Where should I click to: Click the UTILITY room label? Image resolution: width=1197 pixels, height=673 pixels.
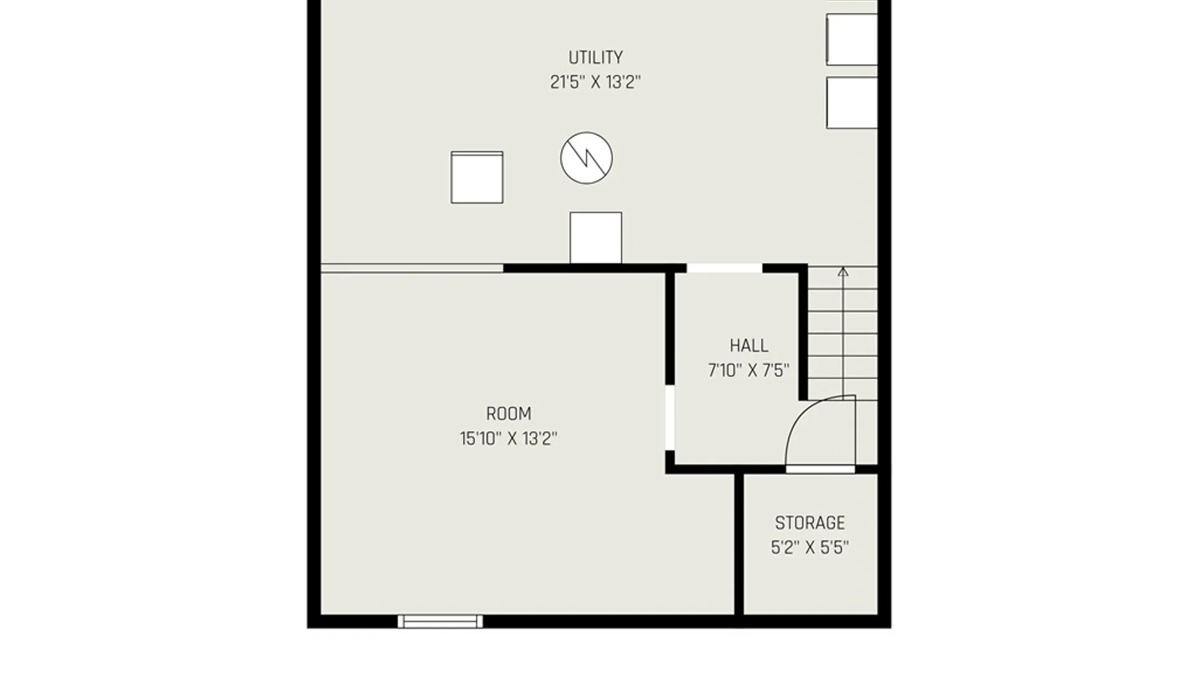tap(595, 57)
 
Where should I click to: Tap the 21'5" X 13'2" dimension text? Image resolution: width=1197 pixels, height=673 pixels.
tap(595, 82)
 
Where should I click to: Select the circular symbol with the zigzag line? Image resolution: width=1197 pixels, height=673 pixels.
tap(586, 158)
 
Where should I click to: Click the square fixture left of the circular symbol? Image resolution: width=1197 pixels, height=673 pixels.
tap(477, 177)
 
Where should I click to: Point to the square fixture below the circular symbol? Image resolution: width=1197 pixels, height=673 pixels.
tap(595, 237)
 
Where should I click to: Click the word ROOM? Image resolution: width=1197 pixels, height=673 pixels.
tap(509, 414)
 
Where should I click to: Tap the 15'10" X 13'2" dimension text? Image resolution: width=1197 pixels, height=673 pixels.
tap(509, 439)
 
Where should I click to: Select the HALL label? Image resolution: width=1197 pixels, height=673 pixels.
tap(749, 346)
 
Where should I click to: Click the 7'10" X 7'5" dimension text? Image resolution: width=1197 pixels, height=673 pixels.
tap(749, 371)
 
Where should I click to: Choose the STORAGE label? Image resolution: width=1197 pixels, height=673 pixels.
tap(810, 523)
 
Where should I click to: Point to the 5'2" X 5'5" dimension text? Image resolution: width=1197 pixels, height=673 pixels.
tap(810, 548)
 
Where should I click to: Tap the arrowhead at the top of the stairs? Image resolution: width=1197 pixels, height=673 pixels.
tap(843, 272)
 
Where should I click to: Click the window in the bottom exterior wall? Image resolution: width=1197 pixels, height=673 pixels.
tap(440, 621)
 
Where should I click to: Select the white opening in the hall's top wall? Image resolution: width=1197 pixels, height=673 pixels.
tap(724, 269)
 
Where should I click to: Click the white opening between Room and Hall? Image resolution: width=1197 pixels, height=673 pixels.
tap(670, 418)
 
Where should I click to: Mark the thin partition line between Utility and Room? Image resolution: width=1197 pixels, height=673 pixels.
tap(412, 269)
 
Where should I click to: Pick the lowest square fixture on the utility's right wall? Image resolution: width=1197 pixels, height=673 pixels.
tap(852, 103)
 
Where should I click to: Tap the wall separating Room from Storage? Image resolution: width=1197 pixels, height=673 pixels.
tap(739, 544)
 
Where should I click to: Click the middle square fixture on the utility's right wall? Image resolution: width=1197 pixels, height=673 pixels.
tap(852, 39)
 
